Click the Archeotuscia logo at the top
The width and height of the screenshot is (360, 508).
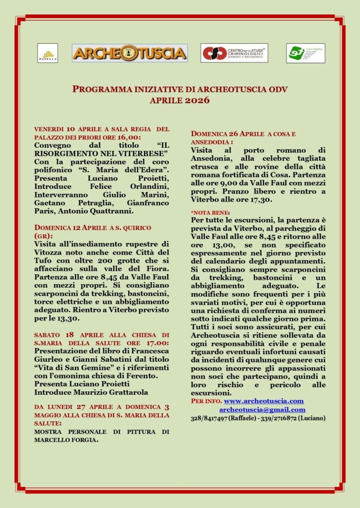coord(130,53)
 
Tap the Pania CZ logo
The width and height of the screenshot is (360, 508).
coord(48,53)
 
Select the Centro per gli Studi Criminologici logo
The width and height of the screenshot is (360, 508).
coord(234,53)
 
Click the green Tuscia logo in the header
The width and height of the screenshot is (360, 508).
coord(305,53)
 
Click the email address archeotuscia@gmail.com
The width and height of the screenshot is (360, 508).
coord(262,409)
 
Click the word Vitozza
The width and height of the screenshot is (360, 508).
coord(48,252)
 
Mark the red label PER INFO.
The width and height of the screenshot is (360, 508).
coord(206,401)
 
